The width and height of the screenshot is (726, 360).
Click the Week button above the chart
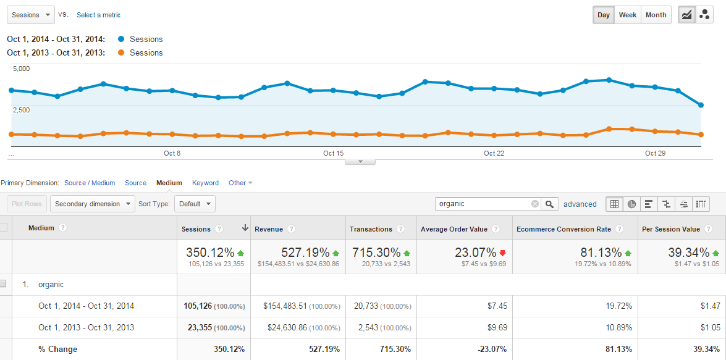[628, 15]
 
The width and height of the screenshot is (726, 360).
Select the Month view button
[656, 15]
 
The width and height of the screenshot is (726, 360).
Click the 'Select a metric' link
[98, 15]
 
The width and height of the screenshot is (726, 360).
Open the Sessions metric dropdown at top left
[31, 15]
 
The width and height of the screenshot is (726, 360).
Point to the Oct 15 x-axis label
[333, 153]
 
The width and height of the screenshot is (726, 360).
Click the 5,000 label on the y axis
[21, 69]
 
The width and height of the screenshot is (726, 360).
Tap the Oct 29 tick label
[655, 153]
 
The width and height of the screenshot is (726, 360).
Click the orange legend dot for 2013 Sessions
[121, 52]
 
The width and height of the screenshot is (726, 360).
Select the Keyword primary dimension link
[205, 183]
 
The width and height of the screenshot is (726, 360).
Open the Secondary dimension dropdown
[93, 204]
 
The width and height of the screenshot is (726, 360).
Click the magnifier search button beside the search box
[551, 204]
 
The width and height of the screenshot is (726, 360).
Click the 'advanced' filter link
[580, 204]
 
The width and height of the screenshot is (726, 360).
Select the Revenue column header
[269, 229]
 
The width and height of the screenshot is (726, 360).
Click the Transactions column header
[371, 229]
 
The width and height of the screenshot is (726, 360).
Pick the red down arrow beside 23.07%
[502, 253]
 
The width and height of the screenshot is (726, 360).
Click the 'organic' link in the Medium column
[51, 285]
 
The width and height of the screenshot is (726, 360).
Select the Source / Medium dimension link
[90, 183]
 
